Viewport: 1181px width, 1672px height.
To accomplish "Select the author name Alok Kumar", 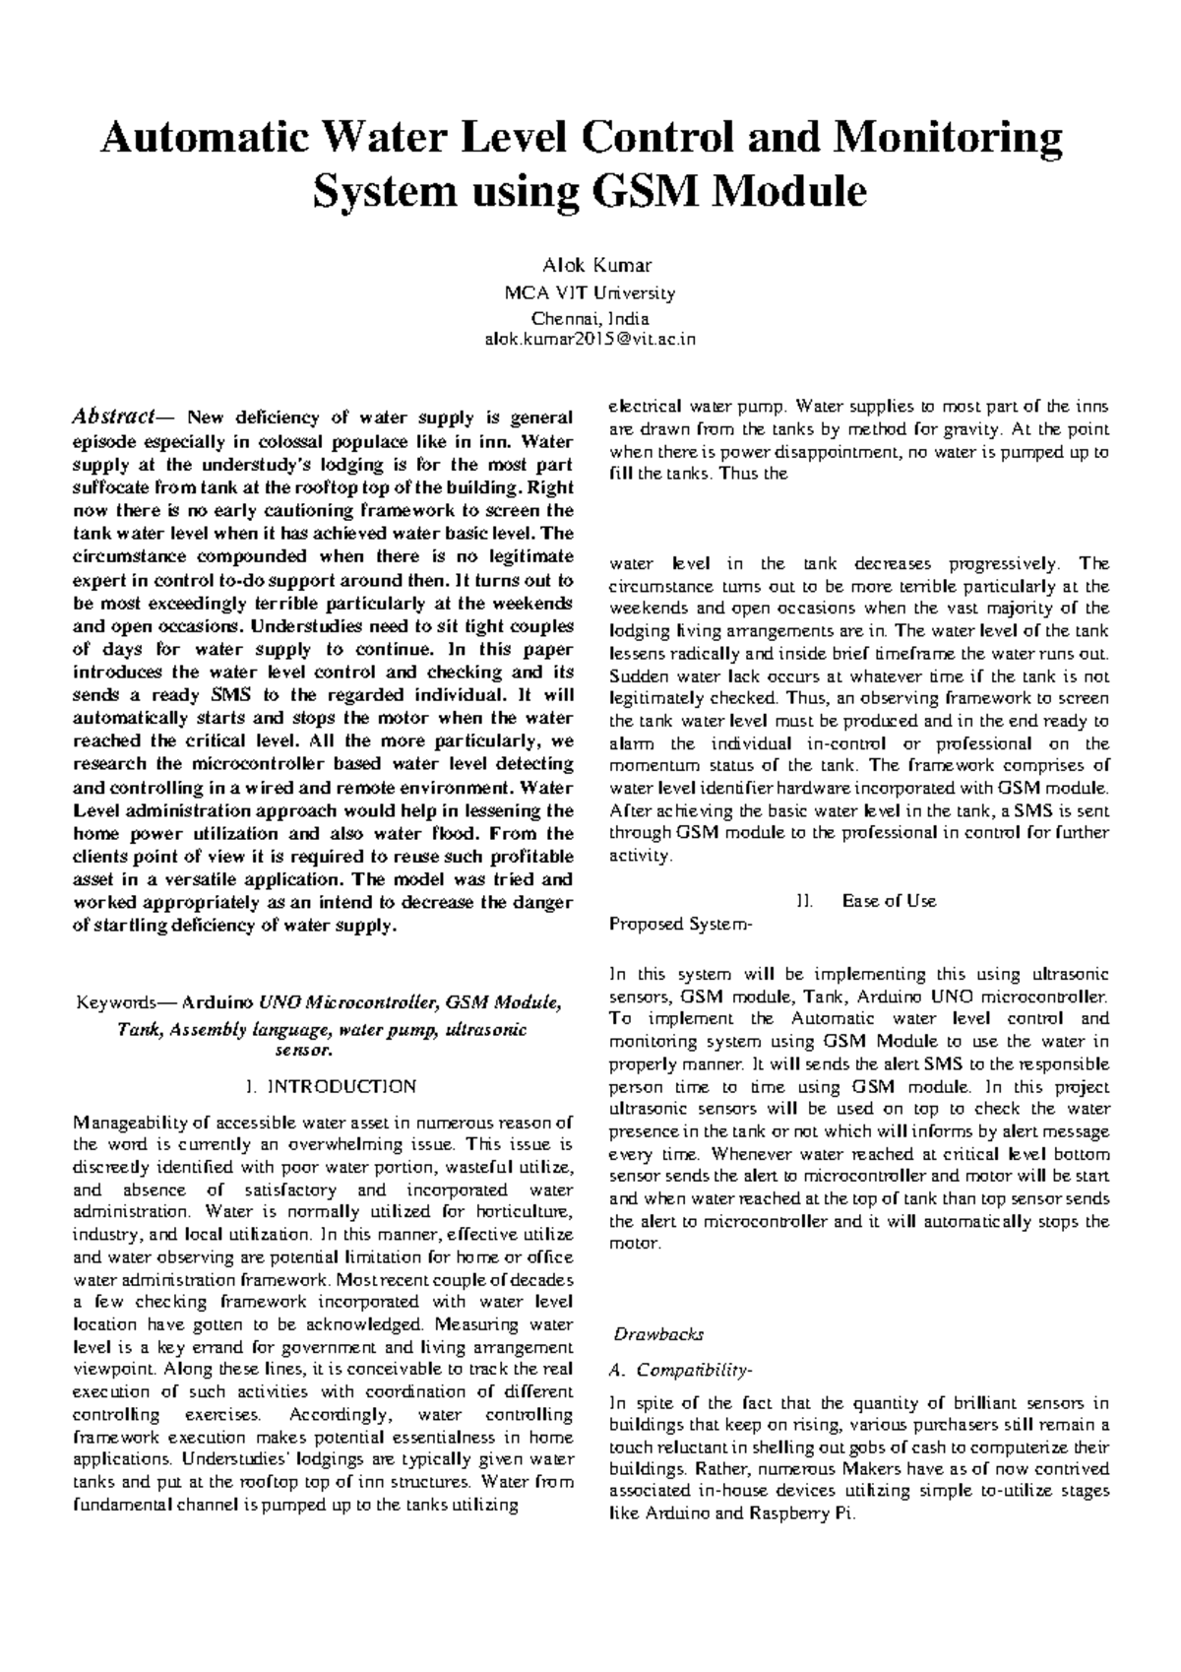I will pos(590,267).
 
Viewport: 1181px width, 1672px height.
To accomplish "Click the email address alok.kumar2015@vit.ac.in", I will pos(590,339).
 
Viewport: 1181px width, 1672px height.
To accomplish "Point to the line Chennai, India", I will pos(590,317).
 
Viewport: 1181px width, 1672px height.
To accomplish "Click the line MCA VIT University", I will pos(590,293).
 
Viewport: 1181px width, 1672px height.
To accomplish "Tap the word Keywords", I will pos(114,1003).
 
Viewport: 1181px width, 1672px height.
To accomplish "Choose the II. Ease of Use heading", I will pos(866,900).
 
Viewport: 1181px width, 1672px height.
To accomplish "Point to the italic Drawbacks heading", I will pos(658,1335).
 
